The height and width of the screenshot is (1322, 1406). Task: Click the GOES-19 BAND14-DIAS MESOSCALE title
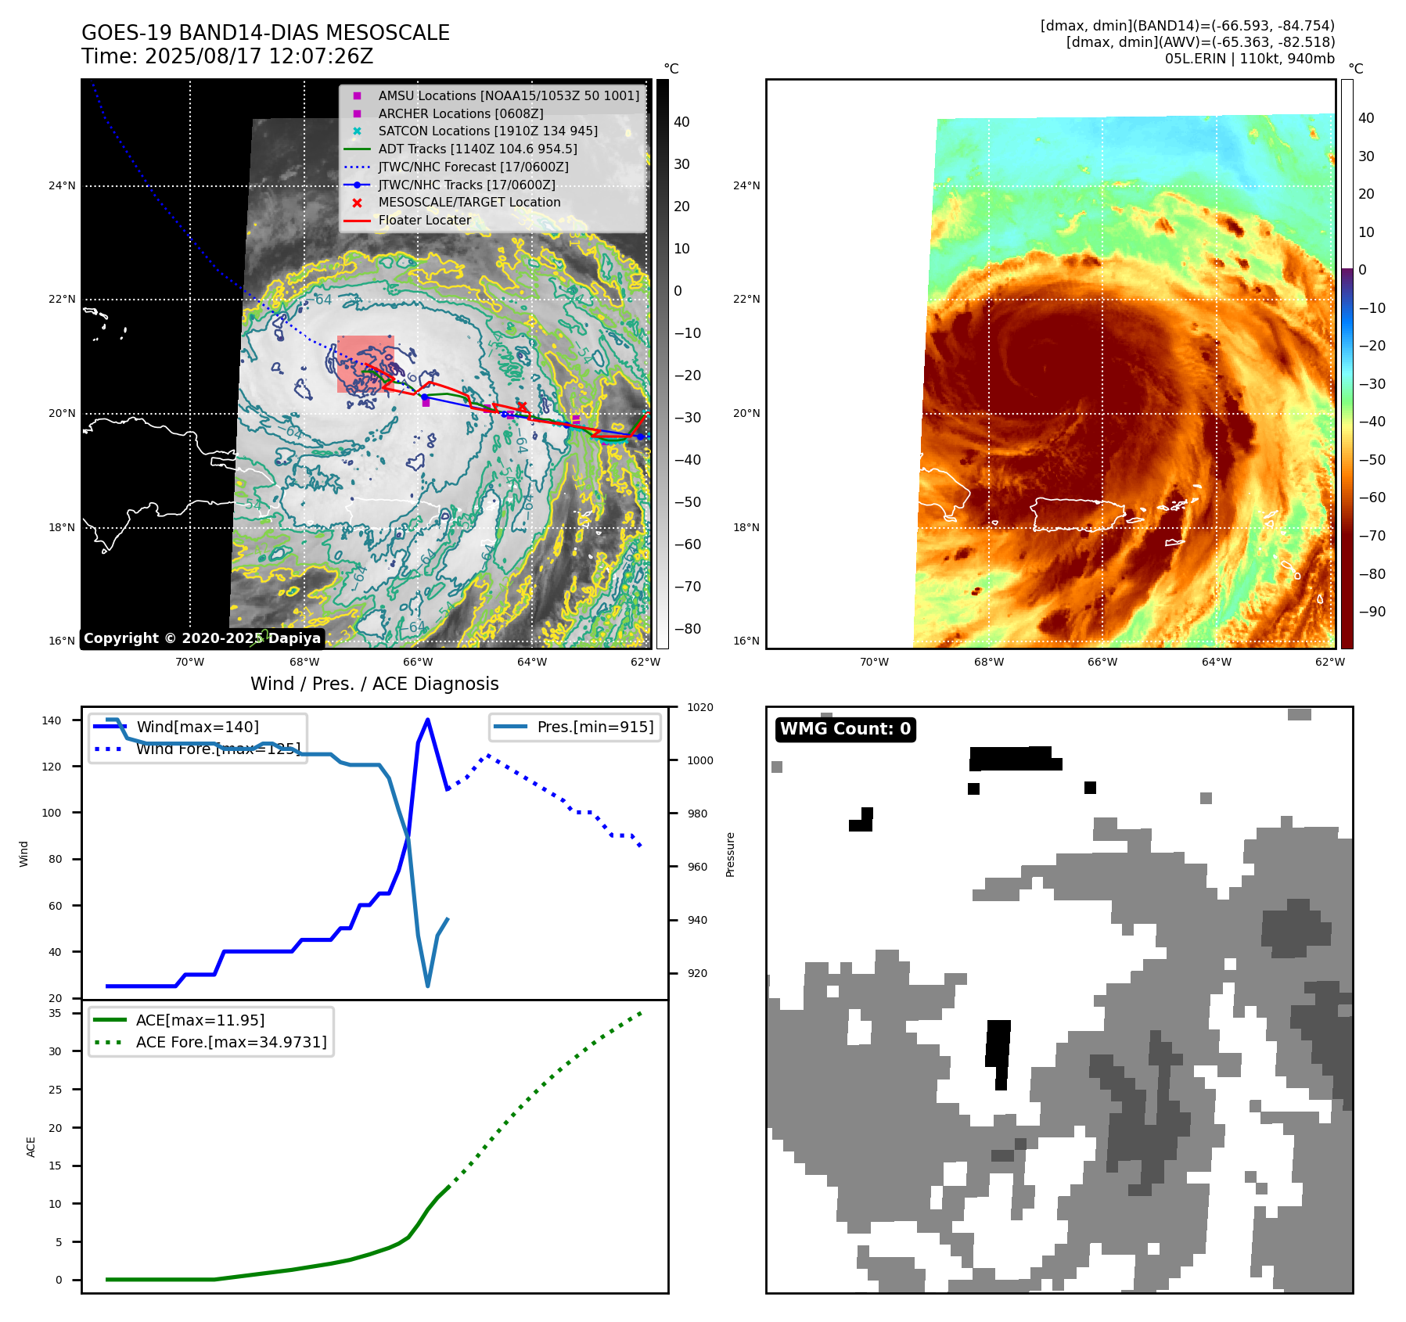265,33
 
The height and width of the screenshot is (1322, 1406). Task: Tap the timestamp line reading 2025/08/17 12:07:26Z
227,57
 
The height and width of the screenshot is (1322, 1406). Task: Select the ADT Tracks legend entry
477,149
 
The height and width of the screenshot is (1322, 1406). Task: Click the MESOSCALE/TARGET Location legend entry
469,202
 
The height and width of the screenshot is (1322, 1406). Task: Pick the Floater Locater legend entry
424,220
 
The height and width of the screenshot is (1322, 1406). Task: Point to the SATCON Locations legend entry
487,131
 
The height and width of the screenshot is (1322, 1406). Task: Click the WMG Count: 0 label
845,729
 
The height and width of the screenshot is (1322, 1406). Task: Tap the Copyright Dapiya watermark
202,638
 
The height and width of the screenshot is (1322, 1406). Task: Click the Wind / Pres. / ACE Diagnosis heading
374,684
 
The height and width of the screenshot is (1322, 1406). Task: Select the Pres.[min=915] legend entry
595,727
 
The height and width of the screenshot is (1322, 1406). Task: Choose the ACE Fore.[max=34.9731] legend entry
231,1042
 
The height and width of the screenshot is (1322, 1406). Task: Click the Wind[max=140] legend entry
197,727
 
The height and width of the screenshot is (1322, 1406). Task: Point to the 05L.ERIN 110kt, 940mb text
1250,59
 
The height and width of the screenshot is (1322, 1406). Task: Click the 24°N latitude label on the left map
62,185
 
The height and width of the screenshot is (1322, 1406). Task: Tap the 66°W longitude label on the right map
1102,662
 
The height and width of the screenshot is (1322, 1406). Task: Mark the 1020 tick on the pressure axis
700,707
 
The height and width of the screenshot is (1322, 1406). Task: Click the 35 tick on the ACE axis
55,1013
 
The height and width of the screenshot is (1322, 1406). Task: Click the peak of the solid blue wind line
427,720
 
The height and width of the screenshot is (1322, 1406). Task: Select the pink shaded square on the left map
365,364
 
